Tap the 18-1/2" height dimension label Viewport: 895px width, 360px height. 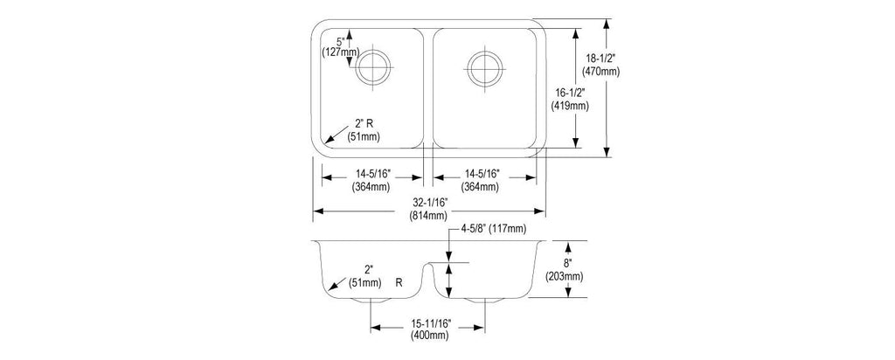600,58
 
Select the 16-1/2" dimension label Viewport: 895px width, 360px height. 570,92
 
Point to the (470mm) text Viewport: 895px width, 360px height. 600,72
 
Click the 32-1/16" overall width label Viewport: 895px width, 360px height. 428,202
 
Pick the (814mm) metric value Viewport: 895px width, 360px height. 428,216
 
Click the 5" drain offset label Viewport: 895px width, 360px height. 341,41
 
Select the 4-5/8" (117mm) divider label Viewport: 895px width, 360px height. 495,229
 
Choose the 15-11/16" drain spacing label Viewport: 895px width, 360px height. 430,323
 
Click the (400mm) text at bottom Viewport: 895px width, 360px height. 430,336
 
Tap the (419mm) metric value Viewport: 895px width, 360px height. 570,106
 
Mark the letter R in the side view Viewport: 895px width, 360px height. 399,282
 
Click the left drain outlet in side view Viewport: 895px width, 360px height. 371,300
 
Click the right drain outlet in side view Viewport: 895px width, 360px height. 484,300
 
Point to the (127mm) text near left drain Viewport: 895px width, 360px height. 340,52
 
